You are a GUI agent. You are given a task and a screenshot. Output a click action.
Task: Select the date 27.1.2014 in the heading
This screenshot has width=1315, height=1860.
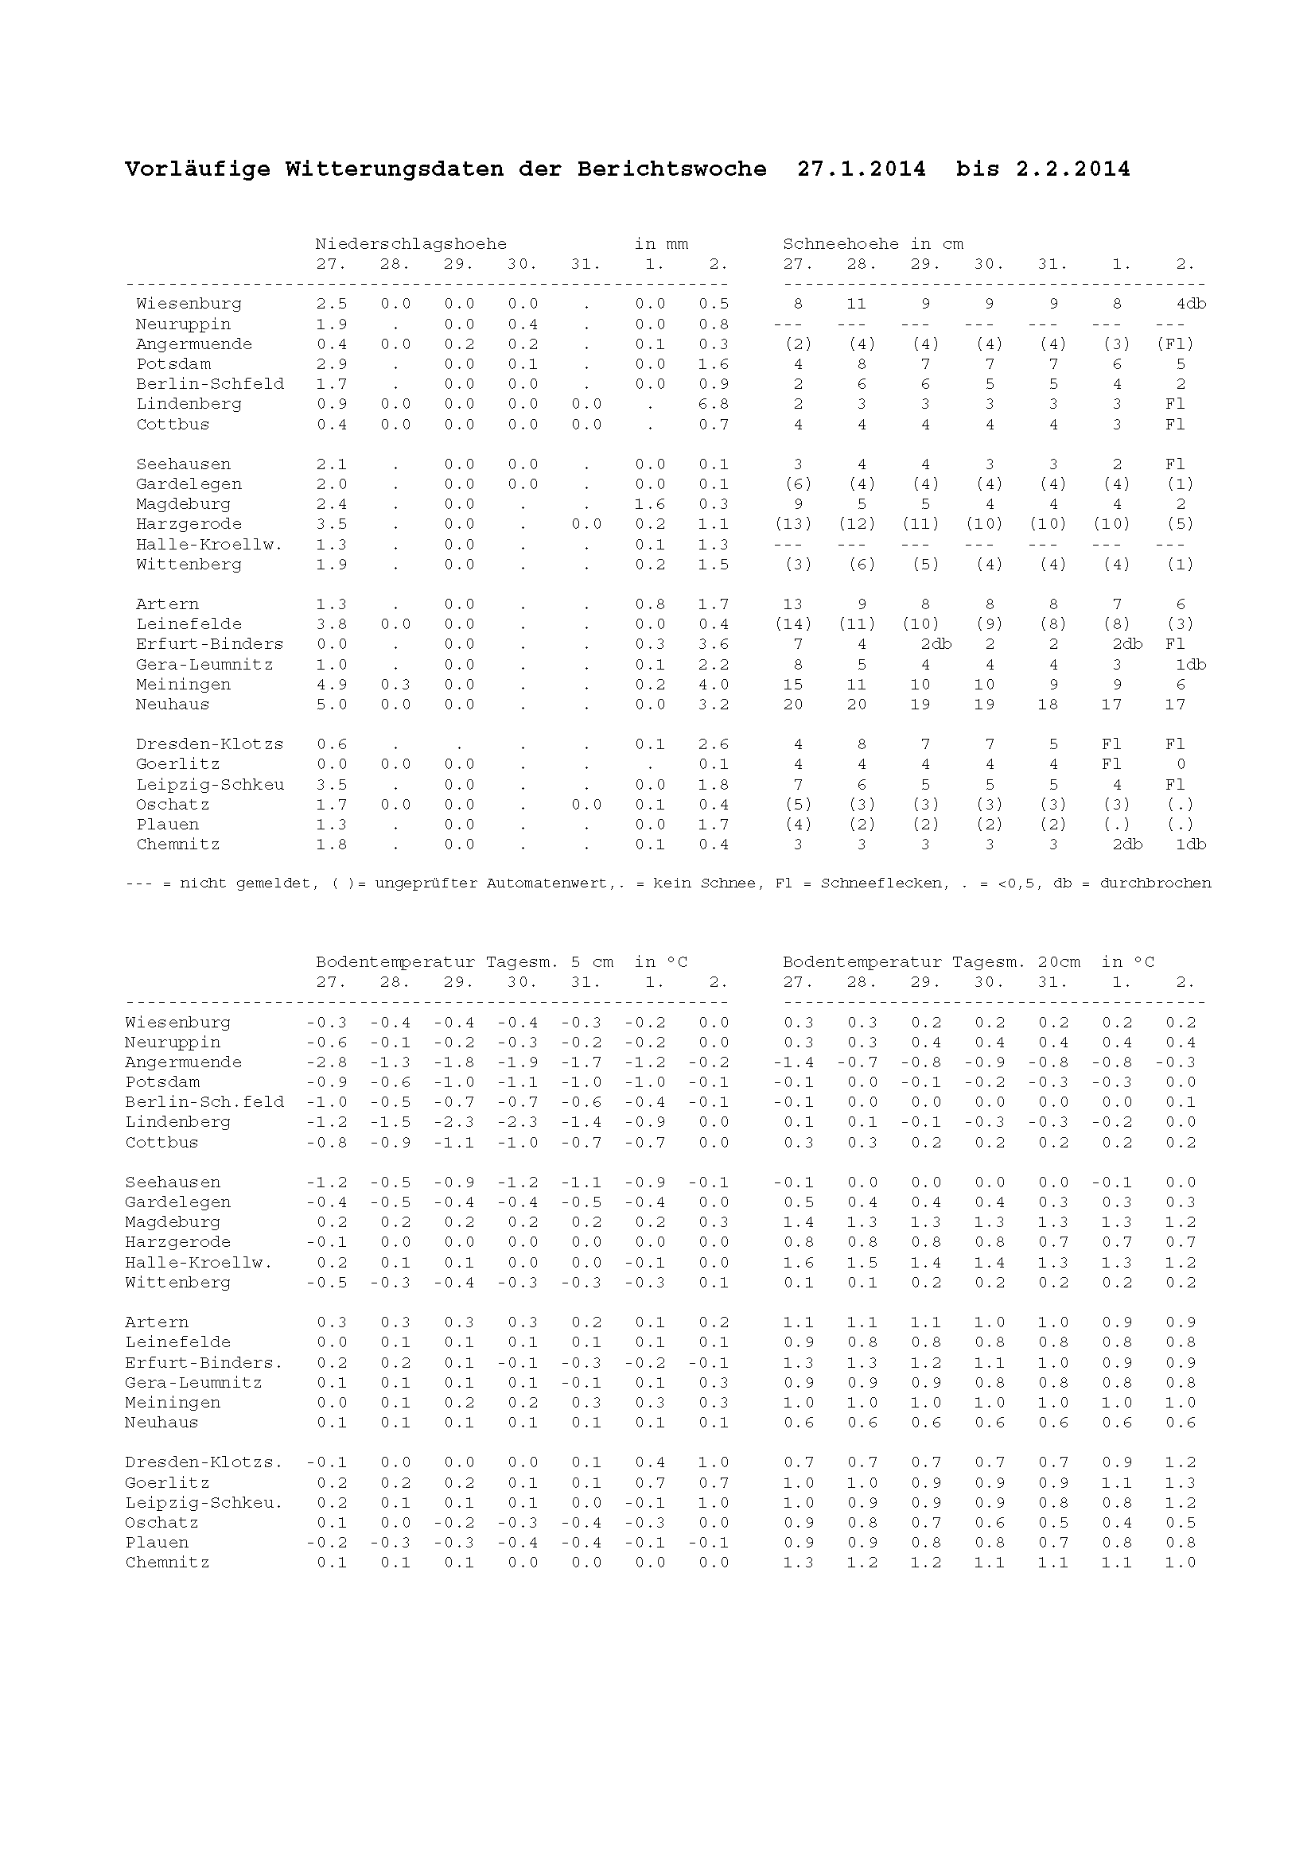click(861, 169)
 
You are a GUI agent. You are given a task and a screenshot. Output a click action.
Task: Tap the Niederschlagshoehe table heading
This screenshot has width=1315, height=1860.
click(410, 244)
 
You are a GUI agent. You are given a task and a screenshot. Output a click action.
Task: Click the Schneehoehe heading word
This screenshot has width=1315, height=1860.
click(841, 244)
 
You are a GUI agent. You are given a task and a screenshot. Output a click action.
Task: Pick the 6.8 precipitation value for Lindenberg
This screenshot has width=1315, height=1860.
click(713, 404)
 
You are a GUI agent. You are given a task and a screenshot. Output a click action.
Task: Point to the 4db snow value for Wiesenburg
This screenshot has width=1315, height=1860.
click(1191, 304)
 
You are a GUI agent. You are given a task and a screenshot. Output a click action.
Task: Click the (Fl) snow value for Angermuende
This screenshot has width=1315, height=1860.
click(1175, 344)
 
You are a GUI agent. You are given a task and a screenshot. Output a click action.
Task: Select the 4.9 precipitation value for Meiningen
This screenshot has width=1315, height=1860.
click(332, 685)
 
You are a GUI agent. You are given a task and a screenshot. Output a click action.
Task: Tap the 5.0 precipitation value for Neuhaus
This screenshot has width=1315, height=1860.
click(332, 705)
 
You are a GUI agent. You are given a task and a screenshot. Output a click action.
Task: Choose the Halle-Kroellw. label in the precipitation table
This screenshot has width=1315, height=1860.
click(209, 545)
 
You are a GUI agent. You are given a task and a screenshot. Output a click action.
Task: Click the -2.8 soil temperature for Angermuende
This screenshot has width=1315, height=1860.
click(326, 1062)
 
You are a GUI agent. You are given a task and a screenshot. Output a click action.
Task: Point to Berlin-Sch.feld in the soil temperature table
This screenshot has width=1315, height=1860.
click(204, 1101)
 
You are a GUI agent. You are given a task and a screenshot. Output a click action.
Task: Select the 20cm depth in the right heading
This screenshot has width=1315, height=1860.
click(1058, 962)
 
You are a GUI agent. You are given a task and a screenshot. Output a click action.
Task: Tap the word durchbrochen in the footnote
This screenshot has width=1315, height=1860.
click(1154, 883)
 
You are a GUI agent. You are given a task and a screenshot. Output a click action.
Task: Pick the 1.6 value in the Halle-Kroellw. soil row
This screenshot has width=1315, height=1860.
click(798, 1262)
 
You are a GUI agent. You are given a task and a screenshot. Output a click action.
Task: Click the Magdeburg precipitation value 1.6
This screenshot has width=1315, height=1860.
click(650, 504)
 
